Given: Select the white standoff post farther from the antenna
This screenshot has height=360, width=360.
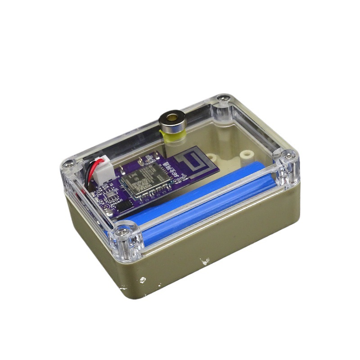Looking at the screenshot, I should pos(245,155).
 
